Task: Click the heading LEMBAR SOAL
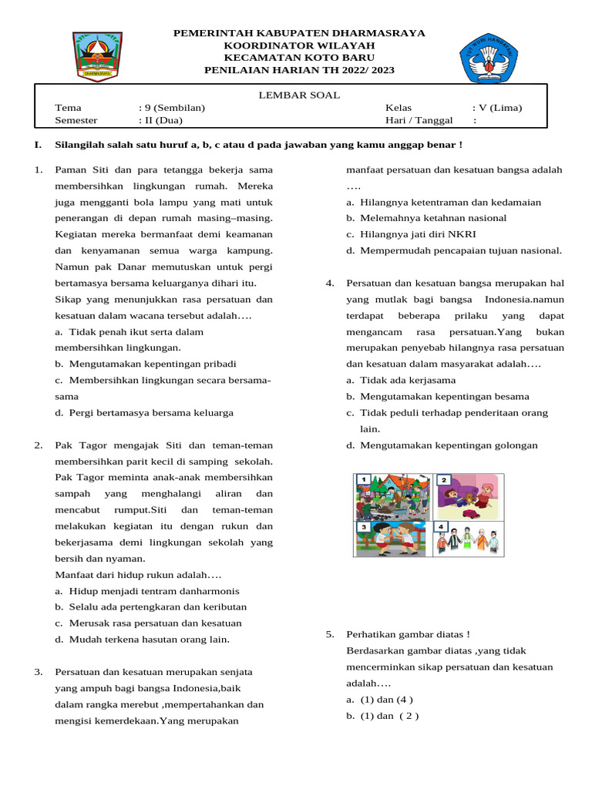(x=298, y=95)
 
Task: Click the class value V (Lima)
(x=497, y=108)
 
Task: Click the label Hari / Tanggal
(x=419, y=120)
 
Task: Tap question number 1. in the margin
(x=38, y=170)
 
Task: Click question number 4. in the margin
(x=329, y=284)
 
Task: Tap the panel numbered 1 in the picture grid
(x=393, y=497)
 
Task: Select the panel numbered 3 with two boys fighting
(x=393, y=539)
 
